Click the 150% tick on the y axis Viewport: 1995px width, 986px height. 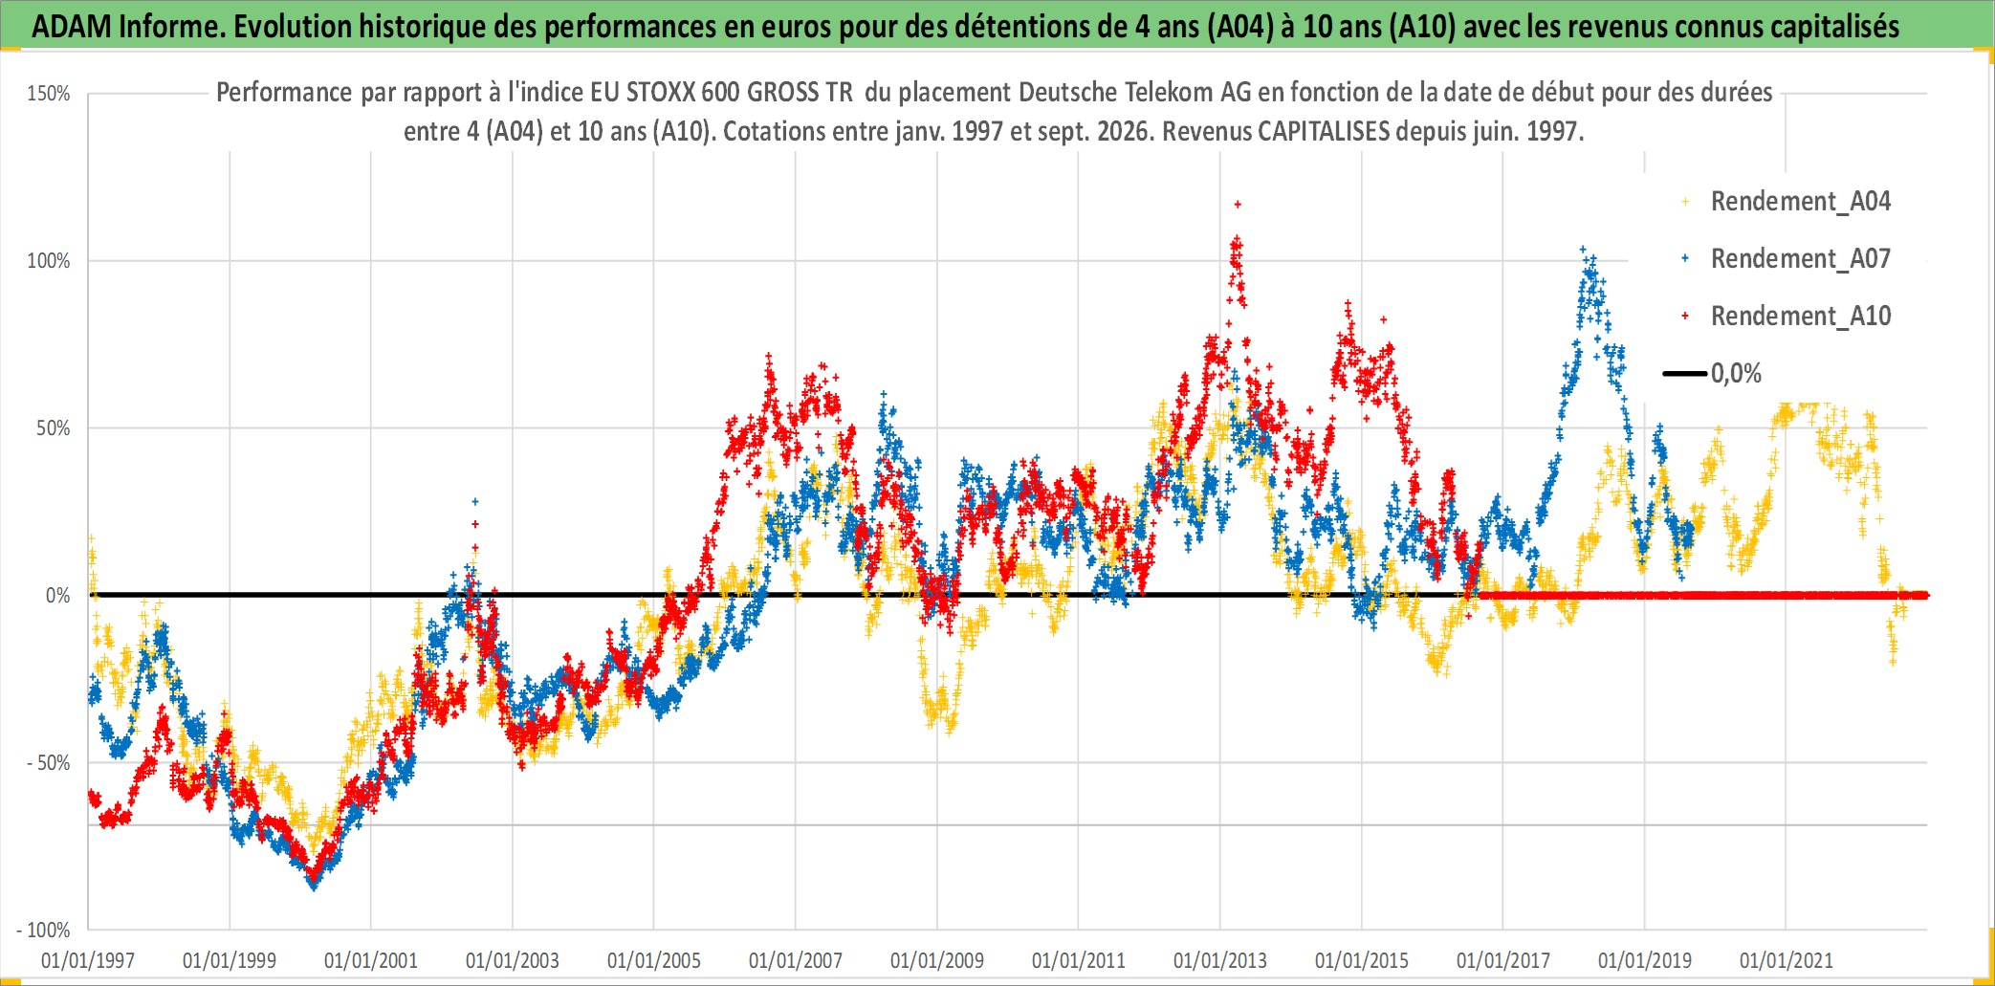[49, 94]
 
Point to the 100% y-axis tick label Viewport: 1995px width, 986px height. [49, 261]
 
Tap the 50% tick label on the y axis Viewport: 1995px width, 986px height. [54, 428]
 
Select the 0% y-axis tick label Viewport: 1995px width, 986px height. [58, 596]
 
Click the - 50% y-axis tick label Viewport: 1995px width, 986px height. [49, 763]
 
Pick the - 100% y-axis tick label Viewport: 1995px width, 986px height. [44, 930]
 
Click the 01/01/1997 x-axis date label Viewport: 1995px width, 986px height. [88, 960]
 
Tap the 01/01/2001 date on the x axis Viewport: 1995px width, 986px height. [371, 960]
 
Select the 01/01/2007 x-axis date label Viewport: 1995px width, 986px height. [796, 960]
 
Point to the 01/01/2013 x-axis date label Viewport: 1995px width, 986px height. [1220, 960]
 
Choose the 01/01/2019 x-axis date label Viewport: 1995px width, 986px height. [1645, 960]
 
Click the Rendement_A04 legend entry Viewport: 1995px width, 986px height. [1787, 202]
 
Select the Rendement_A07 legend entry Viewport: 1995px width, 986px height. [1787, 259]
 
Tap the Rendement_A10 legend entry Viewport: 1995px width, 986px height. [1787, 317]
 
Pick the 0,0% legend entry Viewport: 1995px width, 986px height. [1713, 373]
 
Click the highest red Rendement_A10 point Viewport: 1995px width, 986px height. [1238, 204]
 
